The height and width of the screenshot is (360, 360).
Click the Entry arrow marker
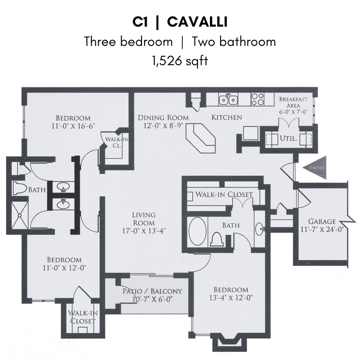pos(315,168)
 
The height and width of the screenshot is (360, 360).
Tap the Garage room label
pos(322,221)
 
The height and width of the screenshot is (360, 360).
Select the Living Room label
pos(144,219)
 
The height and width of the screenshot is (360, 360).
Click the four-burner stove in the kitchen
pos(257,99)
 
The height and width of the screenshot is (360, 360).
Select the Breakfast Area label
pos(293,102)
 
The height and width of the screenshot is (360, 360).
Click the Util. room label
pos(289,139)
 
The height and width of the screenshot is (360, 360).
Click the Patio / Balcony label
pos(152,291)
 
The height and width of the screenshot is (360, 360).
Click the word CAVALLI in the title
pos(197,22)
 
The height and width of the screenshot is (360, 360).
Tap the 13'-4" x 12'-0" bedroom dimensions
pos(231,297)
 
